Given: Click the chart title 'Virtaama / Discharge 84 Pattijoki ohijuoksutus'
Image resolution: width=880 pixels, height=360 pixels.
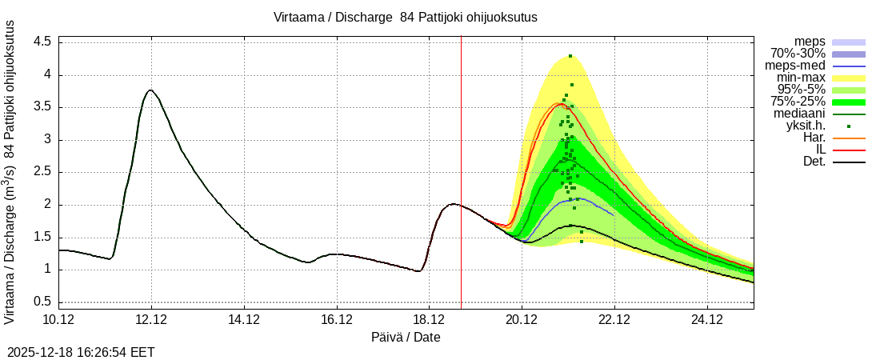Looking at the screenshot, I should pos(406,17).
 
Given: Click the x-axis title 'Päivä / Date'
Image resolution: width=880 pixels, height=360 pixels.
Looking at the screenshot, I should pos(406,338).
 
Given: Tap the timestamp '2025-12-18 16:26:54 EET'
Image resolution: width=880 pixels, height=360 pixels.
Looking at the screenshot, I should pos(81,352).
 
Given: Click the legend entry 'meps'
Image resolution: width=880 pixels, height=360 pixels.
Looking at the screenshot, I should pos(810,42).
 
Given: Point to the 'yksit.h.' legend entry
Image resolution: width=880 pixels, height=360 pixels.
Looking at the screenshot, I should pos(806,126).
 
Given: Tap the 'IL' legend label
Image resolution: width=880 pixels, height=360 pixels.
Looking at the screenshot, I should pos(820,150).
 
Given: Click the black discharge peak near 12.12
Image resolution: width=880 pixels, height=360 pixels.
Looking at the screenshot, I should pos(150,90).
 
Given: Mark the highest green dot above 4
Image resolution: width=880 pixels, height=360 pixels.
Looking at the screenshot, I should pos(570,56).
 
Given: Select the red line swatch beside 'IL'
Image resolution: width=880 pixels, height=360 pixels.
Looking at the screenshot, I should pos(850,150).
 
